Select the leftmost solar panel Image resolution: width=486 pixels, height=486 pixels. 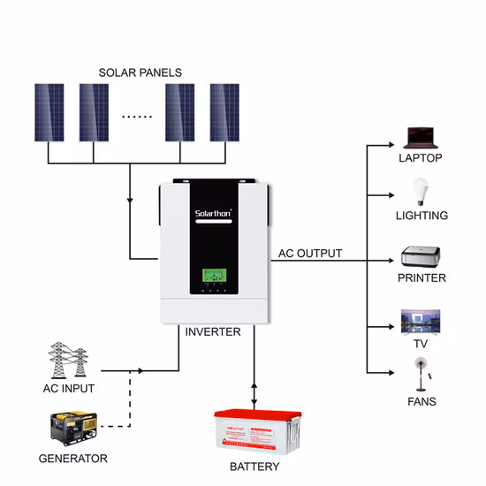tap(49, 111)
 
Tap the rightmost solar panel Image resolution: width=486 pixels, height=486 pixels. tap(224, 111)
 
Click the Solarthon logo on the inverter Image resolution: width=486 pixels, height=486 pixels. tap(212, 213)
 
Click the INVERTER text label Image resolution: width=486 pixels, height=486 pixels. tap(212, 333)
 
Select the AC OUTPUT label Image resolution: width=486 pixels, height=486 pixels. tap(310, 254)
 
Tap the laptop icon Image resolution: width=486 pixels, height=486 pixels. tap(420, 137)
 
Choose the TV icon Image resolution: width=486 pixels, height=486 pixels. tap(420, 321)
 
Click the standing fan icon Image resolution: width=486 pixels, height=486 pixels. tap(421, 375)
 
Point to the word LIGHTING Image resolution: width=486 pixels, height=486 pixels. tap(421, 216)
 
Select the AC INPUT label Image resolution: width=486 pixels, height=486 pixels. tap(68, 388)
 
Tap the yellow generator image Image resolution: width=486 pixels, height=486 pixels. tap(72, 429)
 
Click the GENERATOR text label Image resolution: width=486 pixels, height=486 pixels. tap(72, 459)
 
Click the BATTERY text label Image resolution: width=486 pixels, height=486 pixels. tap(254, 467)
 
